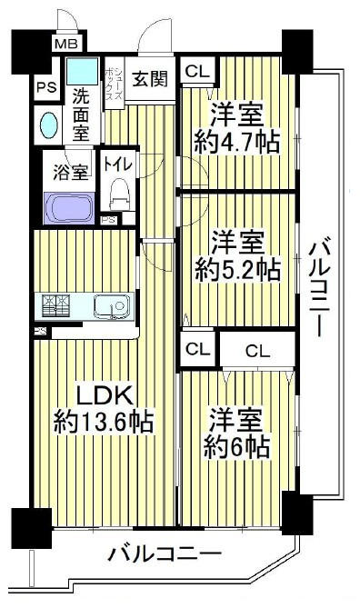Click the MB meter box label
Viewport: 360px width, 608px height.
click(66, 44)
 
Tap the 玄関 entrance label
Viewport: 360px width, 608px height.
click(150, 79)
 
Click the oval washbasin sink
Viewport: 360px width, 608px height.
click(49, 125)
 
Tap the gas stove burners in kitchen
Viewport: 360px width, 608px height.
click(55, 305)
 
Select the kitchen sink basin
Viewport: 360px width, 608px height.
click(113, 306)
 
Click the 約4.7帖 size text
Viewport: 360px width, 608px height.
click(237, 142)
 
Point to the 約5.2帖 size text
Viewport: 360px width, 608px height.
click(237, 270)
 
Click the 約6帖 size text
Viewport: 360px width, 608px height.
click(236, 448)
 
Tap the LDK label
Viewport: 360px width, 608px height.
click(105, 396)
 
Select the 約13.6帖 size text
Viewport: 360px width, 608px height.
click(104, 423)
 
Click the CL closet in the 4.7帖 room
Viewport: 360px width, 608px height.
click(197, 71)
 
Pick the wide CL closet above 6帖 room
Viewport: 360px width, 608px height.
click(257, 352)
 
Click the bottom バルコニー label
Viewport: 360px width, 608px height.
click(165, 554)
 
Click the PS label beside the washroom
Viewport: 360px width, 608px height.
click(47, 87)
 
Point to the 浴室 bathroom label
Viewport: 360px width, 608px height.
click(71, 172)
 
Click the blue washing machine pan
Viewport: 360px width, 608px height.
click(82, 71)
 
